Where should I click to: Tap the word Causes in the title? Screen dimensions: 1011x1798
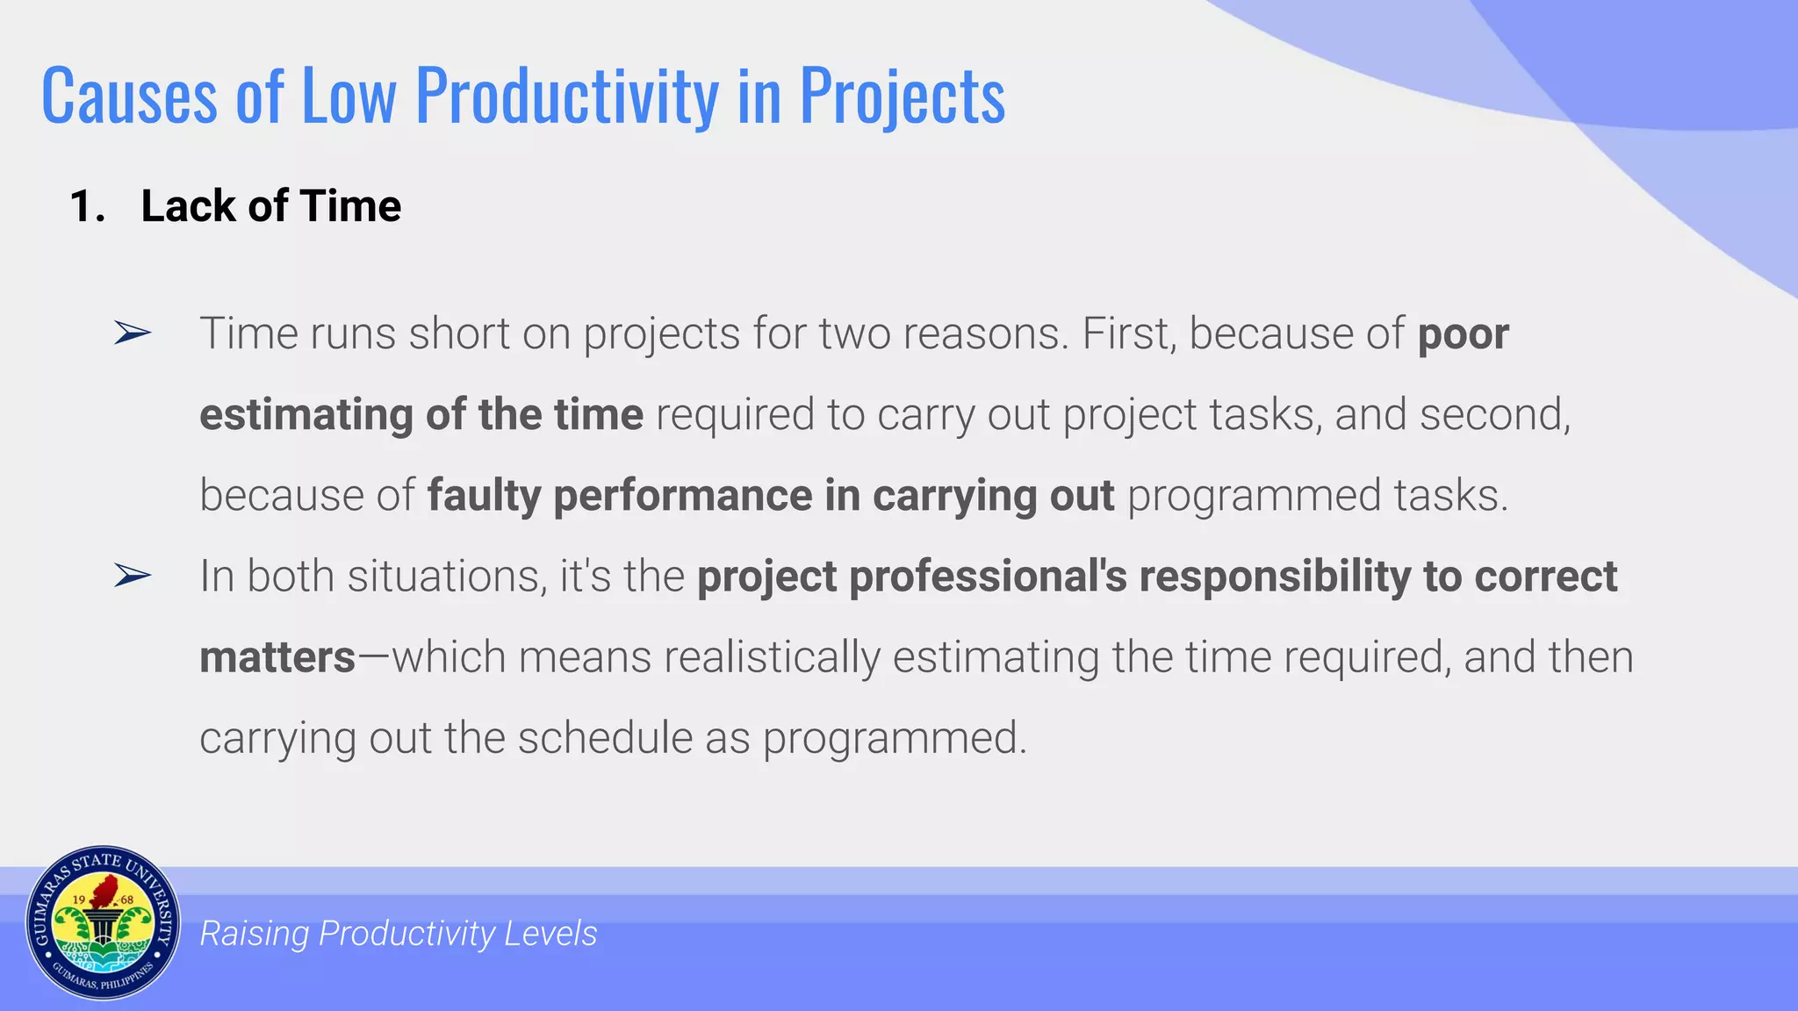129,97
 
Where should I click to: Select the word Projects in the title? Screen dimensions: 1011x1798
902,97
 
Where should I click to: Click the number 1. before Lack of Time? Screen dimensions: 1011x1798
88,207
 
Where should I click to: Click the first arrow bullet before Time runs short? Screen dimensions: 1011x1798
133,333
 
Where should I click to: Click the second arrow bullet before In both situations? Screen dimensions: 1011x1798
133,576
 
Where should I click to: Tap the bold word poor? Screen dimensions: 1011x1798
1463,334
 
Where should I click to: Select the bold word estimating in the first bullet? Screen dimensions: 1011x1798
306,415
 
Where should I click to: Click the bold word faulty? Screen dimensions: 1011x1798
484,496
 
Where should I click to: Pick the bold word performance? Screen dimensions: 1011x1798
682,496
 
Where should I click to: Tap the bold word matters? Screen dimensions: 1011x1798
277,657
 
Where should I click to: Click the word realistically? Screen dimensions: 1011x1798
772,657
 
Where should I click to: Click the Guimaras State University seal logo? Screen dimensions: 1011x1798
103,923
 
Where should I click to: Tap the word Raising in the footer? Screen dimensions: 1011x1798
254,934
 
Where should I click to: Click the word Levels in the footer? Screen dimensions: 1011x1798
550,934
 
